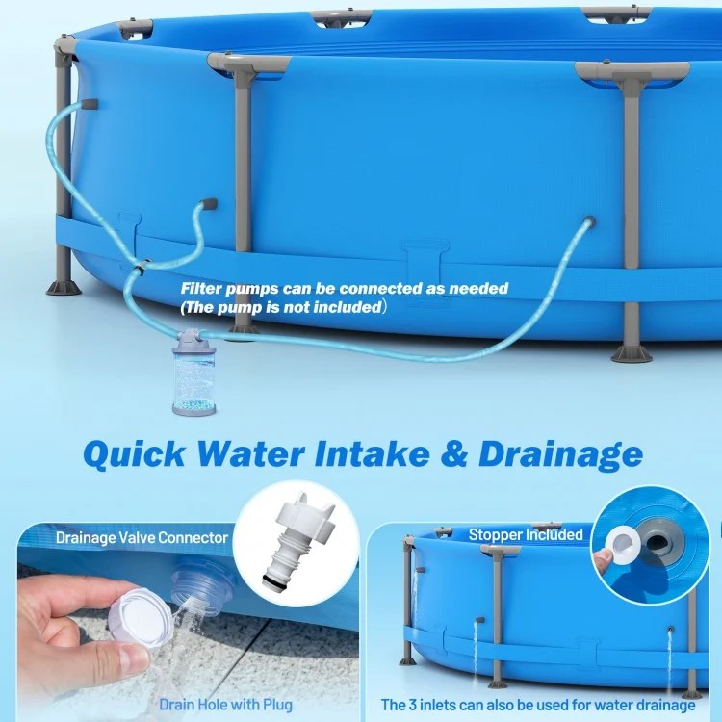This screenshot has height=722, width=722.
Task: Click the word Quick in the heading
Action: coord(135,454)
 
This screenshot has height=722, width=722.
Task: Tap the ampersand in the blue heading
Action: coord(454,454)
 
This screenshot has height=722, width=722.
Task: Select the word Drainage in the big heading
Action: coord(561,455)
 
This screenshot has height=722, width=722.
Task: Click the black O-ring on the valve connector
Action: coord(275,579)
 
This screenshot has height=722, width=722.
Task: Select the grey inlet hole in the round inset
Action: coord(658,540)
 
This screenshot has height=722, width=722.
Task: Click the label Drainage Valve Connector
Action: coord(142,537)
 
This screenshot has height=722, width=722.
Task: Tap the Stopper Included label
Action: coord(526,534)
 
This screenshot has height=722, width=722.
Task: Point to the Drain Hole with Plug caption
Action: coord(225,705)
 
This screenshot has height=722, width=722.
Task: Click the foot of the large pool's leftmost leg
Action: coord(64,287)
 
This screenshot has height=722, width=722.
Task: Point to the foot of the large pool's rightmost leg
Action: coord(632,353)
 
